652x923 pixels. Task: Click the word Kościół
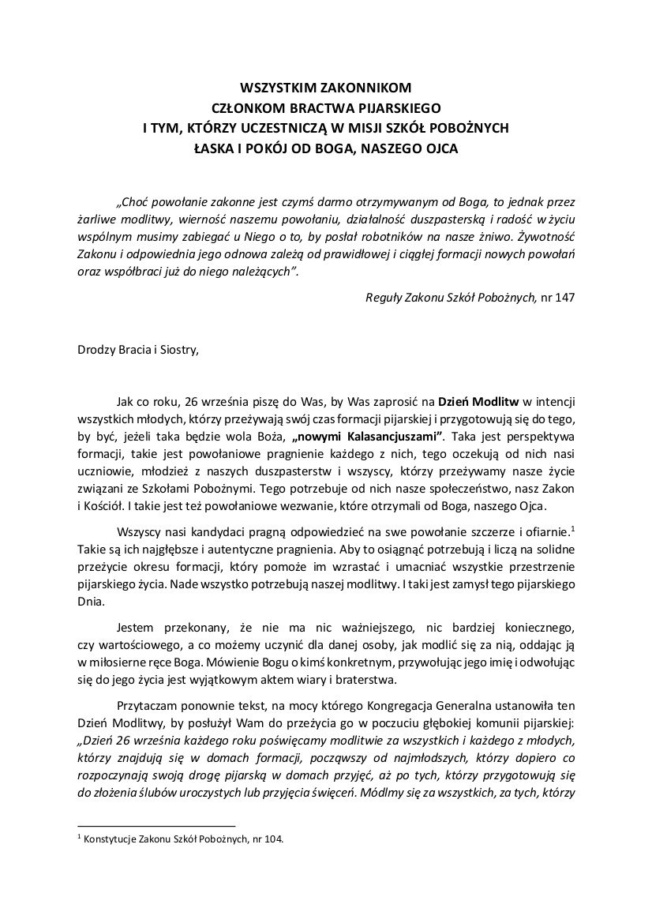coord(107,505)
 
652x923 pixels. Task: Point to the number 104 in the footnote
coord(271,840)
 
